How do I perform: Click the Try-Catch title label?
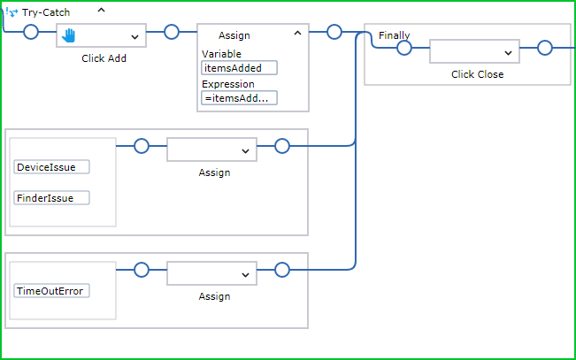pos(46,12)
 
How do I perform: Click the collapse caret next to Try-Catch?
pos(101,11)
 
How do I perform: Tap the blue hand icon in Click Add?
pos(68,35)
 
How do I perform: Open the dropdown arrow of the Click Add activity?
pos(134,36)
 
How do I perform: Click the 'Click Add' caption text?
pos(104,58)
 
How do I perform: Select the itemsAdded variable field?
pos(239,68)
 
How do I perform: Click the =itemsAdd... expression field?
pos(239,98)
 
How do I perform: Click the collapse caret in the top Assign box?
pos(297,33)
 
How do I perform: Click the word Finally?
pos(394,35)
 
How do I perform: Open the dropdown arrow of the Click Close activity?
pos(508,53)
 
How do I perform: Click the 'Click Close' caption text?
pos(477,74)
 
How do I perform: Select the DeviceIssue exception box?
pos(51,167)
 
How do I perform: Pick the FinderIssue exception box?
pos(51,198)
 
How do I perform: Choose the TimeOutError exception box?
pos(51,291)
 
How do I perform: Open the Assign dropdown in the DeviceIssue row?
pos(245,151)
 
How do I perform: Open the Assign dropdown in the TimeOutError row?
pos(245,275)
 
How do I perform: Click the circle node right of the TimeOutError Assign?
pos(282,270)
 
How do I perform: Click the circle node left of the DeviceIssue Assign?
pos(142,146)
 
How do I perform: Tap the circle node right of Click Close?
pos(545,48)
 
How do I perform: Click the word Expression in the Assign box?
pos(227,84)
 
